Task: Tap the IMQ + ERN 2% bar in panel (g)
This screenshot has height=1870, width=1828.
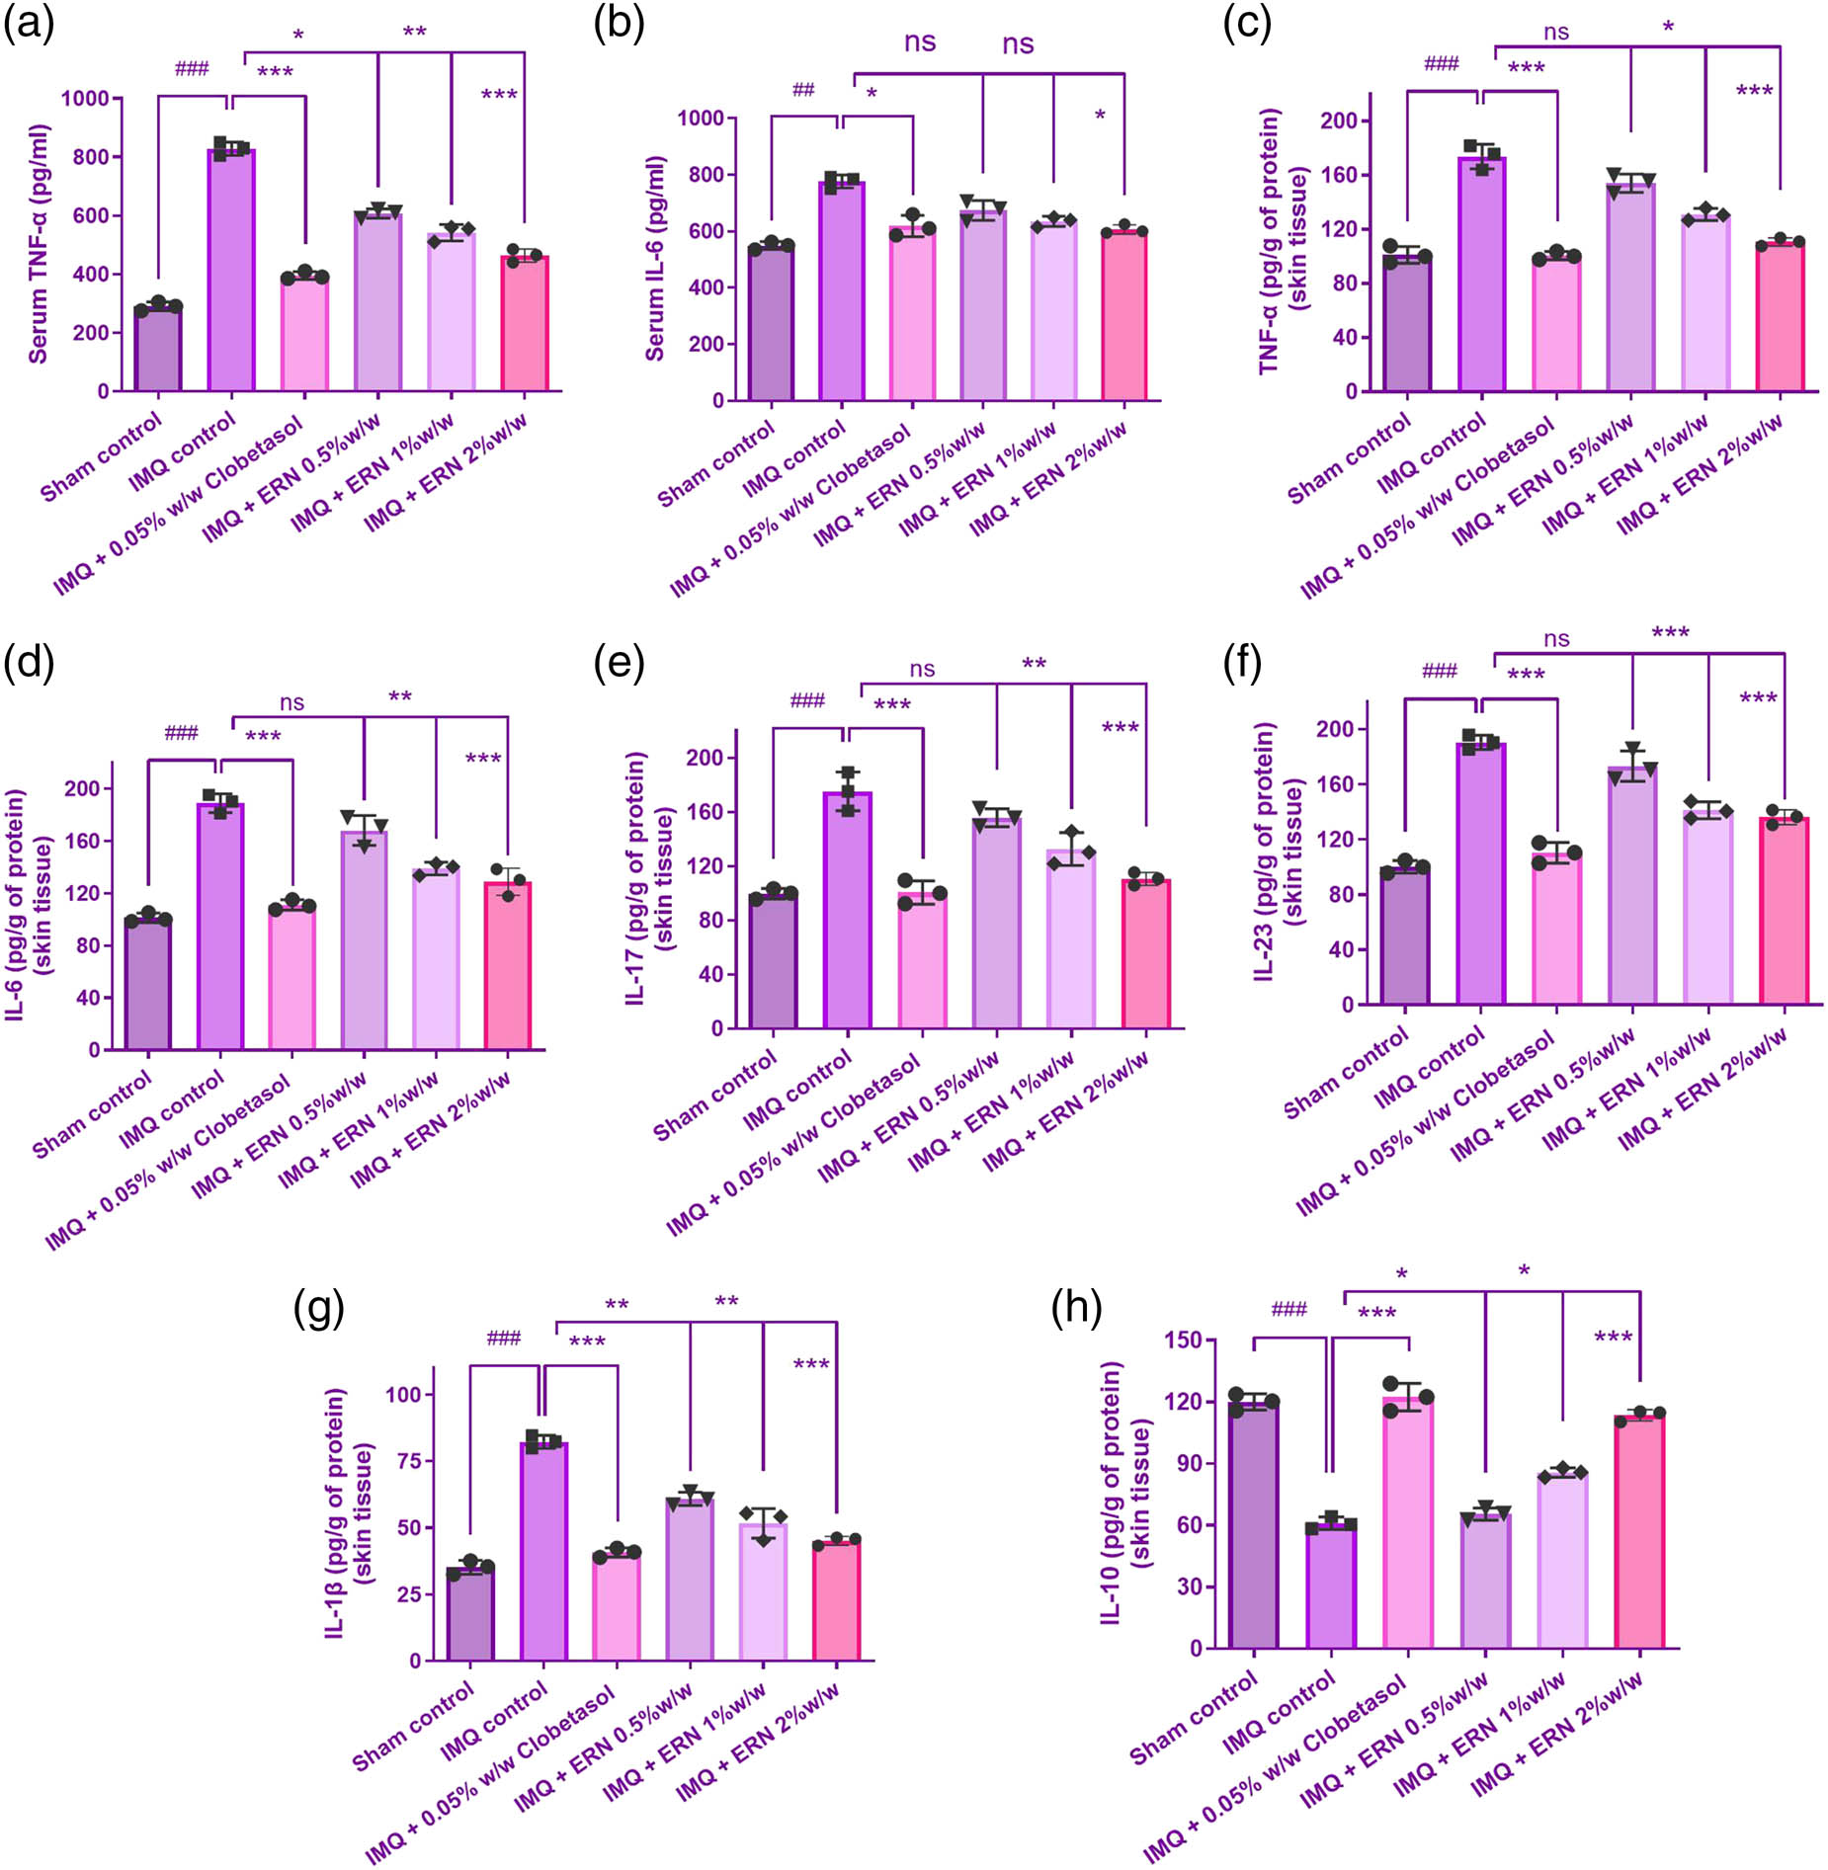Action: click(836, 1601)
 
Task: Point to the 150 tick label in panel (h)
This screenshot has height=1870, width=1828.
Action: click(1183, 1341)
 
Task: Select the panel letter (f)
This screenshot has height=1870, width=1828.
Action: click(1242, 664)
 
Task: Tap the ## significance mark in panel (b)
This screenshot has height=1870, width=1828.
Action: click(803, 90)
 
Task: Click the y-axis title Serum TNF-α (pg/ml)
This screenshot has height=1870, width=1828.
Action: click(38, 244)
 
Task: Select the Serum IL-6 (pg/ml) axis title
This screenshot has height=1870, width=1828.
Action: click(654, 258)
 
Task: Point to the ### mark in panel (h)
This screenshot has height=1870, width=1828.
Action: click(1288, 1310)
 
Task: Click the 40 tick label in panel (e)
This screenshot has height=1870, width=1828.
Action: click(711, 974)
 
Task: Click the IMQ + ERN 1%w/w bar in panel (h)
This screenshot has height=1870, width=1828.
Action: click(1562, 1561)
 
